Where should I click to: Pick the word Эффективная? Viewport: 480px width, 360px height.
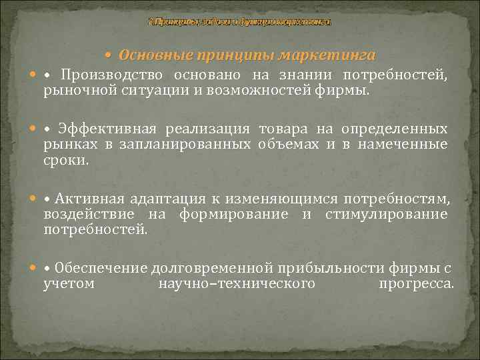click(x=107, y=129)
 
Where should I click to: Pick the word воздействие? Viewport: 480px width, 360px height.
click(x=86, y=213)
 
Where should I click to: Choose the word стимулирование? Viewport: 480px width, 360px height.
click(x=386, y=213)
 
